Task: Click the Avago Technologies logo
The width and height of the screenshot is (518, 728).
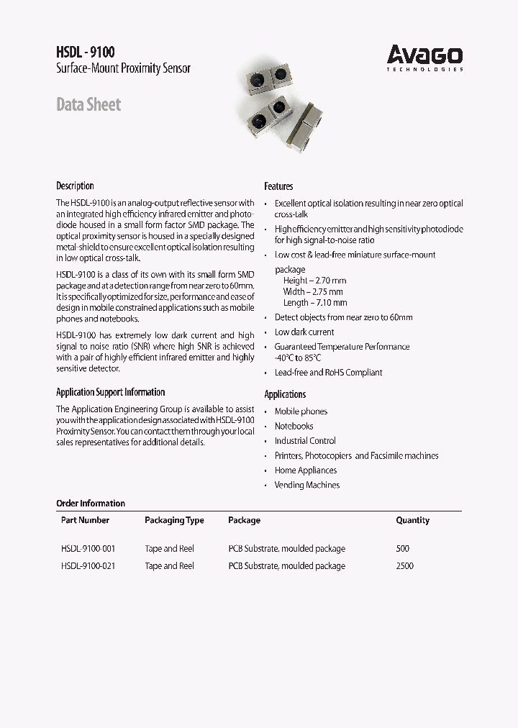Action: pyautogui.click(x=424, y=57)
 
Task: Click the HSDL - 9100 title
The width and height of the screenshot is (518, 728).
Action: pyautogui.click(x=85, y=52)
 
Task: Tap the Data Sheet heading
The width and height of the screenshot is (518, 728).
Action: pyautogui.click(x=88, y=105)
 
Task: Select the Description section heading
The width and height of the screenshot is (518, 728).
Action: pyautogui.click(x=75, y=186)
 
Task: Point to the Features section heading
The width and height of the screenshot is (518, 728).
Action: pyautogui.click(x=278, y=186)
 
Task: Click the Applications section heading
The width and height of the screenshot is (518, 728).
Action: pyautogui.click(x=285, y=394)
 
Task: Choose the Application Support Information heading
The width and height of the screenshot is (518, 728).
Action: pyautogui.click(x=110, y=392)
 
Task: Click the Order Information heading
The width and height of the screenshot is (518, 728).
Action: pyautogui.click(x=91, y=504)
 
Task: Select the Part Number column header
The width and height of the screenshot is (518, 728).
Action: pyautogui.click(x=86, y=520)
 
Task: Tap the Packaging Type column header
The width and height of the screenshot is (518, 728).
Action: pyautogui.click(x=174, y=520)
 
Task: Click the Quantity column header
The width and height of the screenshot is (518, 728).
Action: pyautogui.click(x=412, y=520)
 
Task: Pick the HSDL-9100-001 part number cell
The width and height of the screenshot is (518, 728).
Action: pyautogui.click(x=88, y=549)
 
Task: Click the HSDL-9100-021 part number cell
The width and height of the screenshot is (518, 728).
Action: pyautogui.click(x=88, y=566)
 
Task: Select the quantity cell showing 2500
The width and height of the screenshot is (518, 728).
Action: pyautogui.click(x=404, y=566)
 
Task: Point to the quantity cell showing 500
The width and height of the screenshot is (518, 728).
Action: pyautogui.click(x=402, y=549)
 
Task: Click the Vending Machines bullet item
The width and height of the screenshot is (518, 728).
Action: pyautogui.click(x=307, y=485)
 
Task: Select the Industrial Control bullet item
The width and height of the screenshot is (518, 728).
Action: pyautogui.click(x=305, y=441)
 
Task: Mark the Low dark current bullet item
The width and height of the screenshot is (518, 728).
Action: pyautogui.click(x=304, y=332)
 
